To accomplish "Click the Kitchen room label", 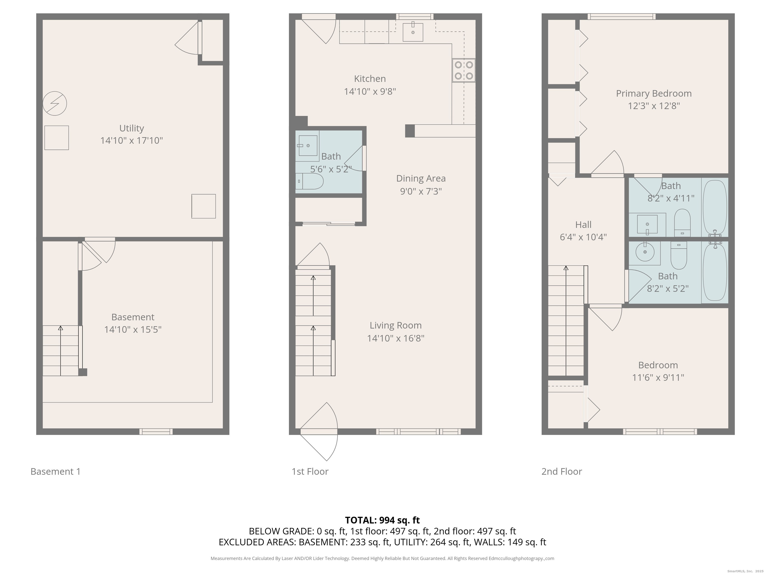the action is pos(370,79).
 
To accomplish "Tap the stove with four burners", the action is pos(464,70).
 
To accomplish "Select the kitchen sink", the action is pos(413,32).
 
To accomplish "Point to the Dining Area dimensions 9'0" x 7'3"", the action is pos(421,191).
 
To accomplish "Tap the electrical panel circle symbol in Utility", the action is pos(55,103).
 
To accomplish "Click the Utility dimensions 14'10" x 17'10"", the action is pos(131,141).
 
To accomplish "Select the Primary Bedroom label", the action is pos(654,93).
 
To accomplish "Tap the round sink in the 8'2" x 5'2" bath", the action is pos(645,252).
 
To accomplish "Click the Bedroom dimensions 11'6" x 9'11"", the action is pos(658,377).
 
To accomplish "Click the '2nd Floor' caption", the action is pos(562,472).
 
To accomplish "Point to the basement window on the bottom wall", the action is pos(156,431).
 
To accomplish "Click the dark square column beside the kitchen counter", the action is pos(410,131).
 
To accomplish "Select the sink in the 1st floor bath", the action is pos(308,146).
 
